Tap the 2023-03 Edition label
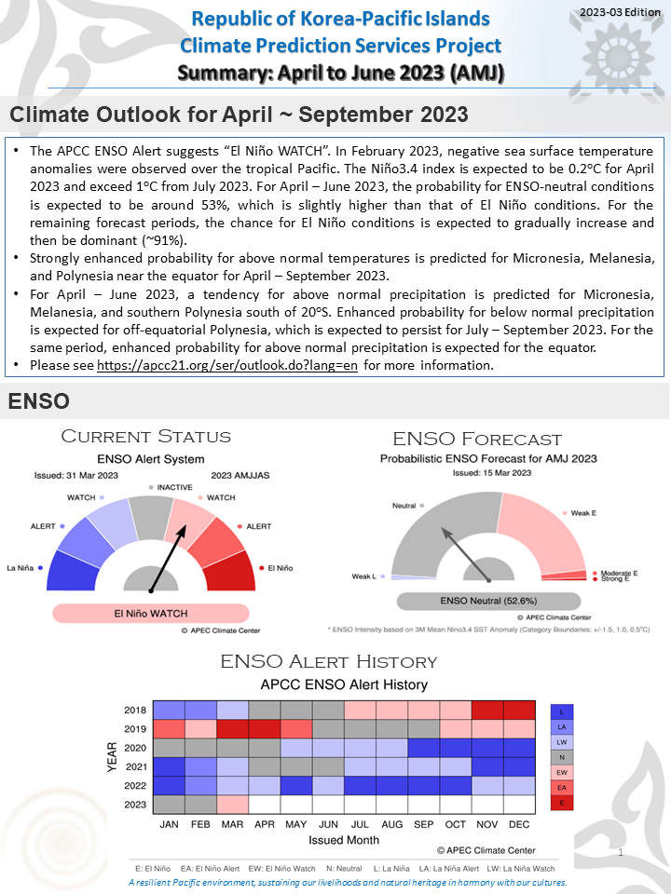pos(619,10)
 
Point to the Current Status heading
pos(145,437)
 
